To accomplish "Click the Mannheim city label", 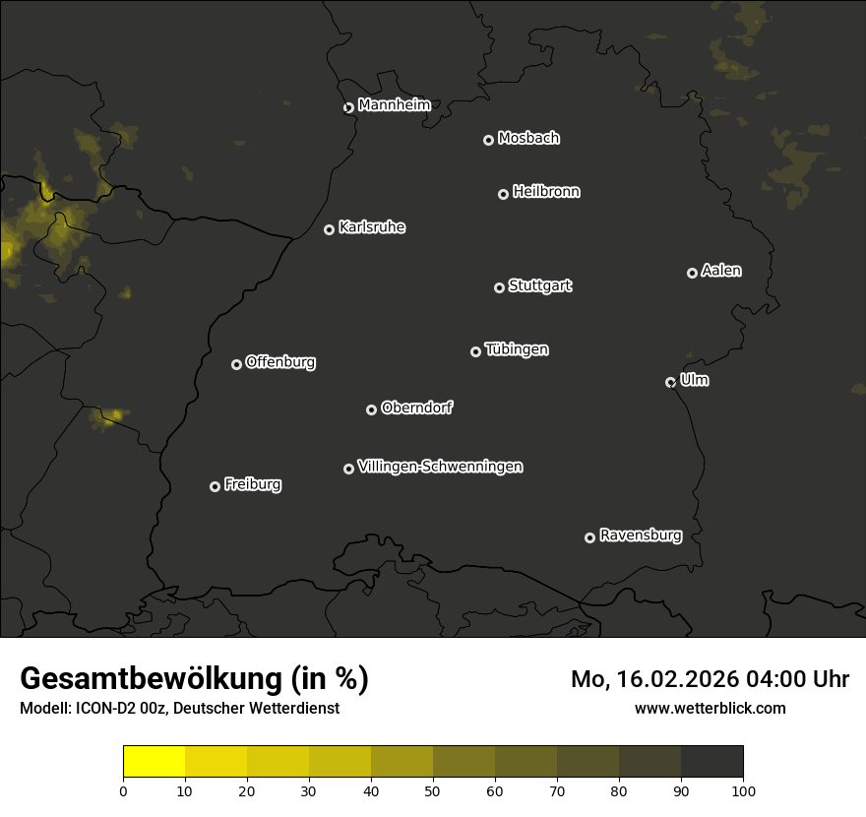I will [x=394, y=105].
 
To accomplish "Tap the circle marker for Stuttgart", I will [x=499, y=287].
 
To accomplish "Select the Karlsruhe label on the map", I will [x=371, y=227].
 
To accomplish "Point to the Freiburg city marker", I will [x=215, y=486].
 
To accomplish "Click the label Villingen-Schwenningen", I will [x=440, y=467].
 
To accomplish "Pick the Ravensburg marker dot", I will [x=589, y=537].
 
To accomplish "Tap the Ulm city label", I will [x=694, y=380].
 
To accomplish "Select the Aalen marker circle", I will [x=692, y=273].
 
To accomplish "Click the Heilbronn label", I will [x=546, y=192].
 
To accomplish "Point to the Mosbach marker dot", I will [x=487, y=140].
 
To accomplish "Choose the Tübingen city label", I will [x=517, y=349].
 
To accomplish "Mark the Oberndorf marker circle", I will [x=371, y=409].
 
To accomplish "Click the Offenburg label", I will [x=280, y=362].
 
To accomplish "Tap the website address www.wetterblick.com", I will [x=710, y=708].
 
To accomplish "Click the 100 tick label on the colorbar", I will [x=743, y=790].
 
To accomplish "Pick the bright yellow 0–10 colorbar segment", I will [x=155, y=761].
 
